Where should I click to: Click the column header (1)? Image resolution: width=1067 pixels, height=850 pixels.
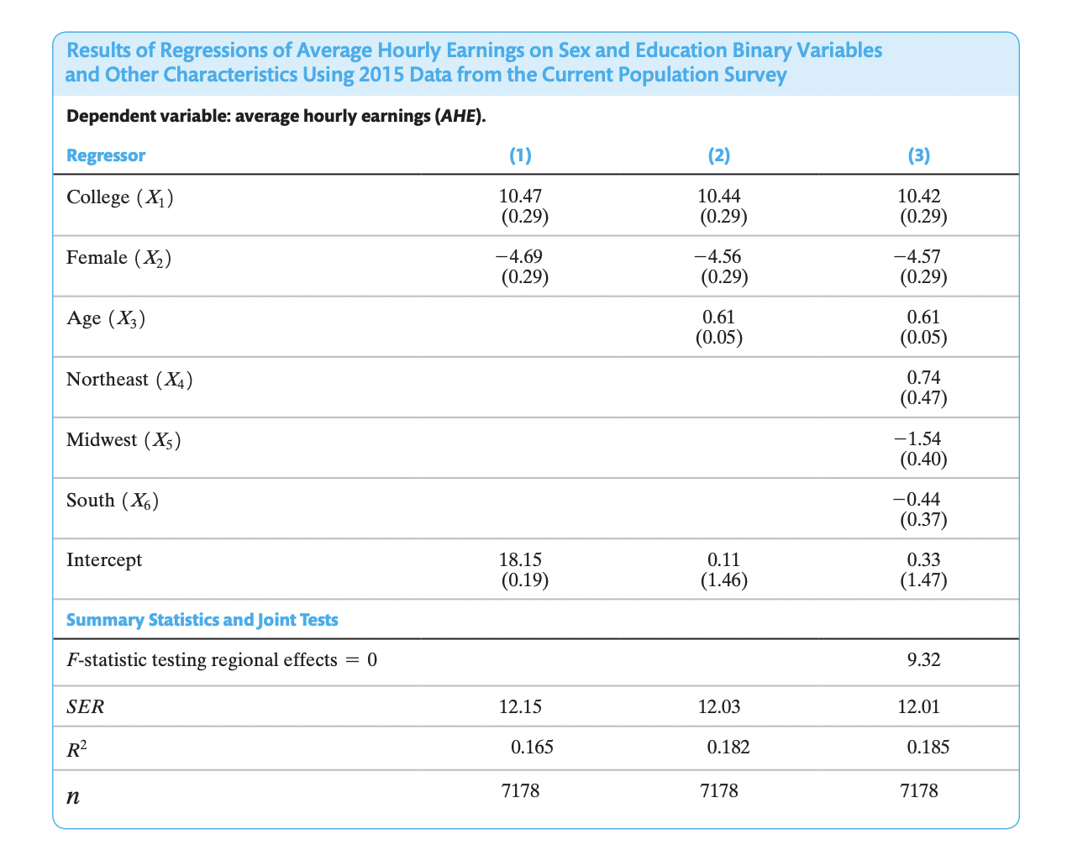point(520,155)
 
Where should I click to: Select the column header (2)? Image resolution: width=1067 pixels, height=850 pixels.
point(719,155)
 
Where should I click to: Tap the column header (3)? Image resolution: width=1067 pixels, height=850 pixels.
point(919,155)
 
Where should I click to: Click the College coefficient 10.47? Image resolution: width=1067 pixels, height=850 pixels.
point(520,197)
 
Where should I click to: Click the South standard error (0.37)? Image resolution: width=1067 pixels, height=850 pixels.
point(923,520)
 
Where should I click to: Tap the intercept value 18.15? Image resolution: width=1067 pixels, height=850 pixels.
point(520,559)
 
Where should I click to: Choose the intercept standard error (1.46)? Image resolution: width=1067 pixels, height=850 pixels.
point(723,580)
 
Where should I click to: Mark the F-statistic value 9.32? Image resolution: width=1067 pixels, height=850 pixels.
point(923,660)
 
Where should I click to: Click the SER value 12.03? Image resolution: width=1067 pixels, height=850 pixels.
point(719,706)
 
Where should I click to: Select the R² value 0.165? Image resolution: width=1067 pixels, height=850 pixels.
point(532,747)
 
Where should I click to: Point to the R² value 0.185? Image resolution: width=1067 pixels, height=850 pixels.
point(928,747)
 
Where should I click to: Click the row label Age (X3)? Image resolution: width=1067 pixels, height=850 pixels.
point(106,319)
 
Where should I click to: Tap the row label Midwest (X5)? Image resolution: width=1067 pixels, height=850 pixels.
point(124,440)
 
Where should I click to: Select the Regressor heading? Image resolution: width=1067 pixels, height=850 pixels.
point(106,155)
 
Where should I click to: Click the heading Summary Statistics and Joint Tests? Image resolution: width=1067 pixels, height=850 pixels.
point(202,621)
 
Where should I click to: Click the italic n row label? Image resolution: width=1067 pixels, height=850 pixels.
point(73,794)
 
